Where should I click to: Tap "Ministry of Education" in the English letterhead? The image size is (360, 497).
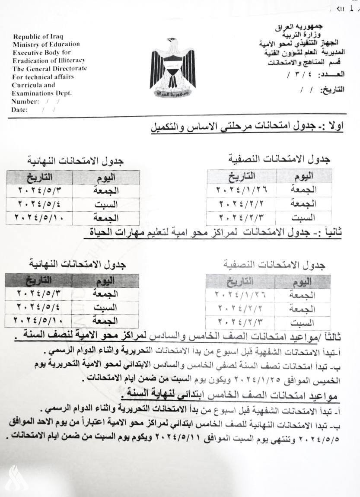(46, 44)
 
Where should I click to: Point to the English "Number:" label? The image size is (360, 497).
(25, 102)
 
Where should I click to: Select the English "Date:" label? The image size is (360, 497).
(20, 110)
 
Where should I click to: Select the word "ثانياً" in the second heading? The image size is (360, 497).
(332, 233)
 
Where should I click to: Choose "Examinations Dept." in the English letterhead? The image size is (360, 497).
(42, 93)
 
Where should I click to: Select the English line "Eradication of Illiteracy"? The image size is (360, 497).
(49, 61)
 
